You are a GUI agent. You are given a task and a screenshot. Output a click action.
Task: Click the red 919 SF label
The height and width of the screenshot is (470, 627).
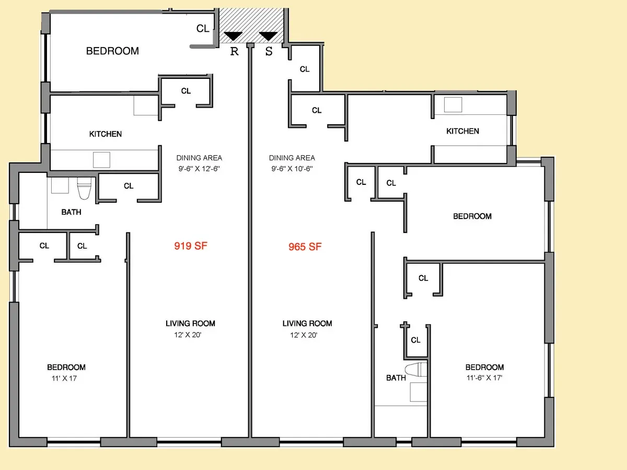[x=191, y=245]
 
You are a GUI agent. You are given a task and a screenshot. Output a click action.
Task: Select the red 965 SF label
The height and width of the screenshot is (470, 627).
[x=305, y=247]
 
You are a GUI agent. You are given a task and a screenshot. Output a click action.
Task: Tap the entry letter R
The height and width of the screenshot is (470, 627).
[x=234, y=51]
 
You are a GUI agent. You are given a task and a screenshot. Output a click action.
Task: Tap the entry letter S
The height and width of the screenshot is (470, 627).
[x=269, y=52]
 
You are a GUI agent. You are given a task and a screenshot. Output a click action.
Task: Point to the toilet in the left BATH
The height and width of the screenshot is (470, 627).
[x=84, y=189]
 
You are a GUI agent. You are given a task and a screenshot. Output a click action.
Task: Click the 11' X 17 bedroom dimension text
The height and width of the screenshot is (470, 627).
[x=62, y=379]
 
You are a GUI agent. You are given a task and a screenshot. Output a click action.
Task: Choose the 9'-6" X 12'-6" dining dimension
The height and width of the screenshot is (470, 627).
[x=199, y=169]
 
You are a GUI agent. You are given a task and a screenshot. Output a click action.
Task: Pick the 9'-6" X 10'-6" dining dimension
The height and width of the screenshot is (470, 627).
[x=292, y=169]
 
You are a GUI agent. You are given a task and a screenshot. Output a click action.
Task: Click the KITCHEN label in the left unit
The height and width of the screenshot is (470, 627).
[x=106, y=134]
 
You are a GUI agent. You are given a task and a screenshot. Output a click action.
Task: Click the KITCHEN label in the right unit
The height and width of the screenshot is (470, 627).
[x=462, y=131]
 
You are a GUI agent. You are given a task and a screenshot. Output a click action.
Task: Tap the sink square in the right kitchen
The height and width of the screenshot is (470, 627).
[x=453, y=105]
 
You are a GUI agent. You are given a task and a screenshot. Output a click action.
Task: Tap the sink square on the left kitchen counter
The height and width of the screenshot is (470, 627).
[x=101, y=159]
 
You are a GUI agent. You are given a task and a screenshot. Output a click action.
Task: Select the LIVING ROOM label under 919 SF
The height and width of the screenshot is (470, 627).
[x=190, y=323]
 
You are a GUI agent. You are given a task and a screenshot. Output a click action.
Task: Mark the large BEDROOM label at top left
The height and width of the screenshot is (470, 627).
[x=112, y=51]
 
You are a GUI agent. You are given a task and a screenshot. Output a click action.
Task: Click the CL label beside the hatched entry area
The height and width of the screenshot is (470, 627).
[x=203, y=29]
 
